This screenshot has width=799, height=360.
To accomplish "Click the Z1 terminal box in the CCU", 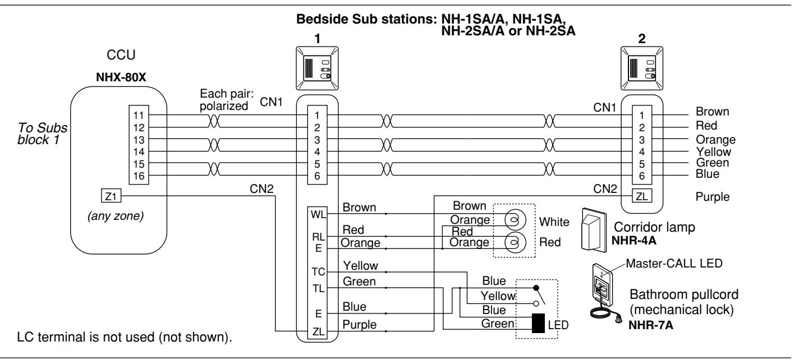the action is [x=111, y=196].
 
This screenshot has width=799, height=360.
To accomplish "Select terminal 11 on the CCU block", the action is [x=139, y=116].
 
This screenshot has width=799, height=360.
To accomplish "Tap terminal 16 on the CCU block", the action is [x=139, y=176].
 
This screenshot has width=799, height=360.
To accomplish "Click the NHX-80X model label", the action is [x=121, y=77].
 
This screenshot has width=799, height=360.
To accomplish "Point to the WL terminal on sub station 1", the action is [x=318, y=215].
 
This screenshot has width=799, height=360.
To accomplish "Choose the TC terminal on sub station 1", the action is [x=318, y=272].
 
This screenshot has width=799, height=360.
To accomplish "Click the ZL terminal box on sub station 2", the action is [x=642, y=196].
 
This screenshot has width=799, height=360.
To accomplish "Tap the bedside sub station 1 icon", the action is [x=317, y=68].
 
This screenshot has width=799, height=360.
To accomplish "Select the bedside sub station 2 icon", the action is [x=642, y=68].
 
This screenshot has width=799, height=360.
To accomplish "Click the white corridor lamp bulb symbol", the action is [x=515, y=220].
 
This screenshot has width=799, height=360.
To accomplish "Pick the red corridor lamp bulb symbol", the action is [x=515, y=242].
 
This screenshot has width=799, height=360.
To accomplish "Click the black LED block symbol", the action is [x=538, y=324].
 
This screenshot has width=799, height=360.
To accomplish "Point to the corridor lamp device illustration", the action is [x=594, y=230].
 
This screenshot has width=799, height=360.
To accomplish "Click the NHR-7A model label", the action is [x=651, y=325].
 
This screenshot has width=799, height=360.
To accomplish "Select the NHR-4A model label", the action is [x=634, y=241].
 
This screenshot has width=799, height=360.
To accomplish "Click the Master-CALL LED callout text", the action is [x=674, y=264].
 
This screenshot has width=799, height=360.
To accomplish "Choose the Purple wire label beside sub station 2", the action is [x=713, y=197].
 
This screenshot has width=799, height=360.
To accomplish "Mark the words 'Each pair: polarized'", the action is [x=227, y=100].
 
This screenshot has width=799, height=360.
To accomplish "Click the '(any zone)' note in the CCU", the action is [x=116, y=216].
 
